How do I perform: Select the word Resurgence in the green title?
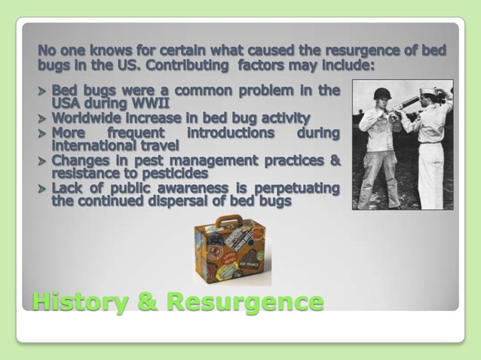point(246,301)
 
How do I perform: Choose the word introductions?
point(230,133)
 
